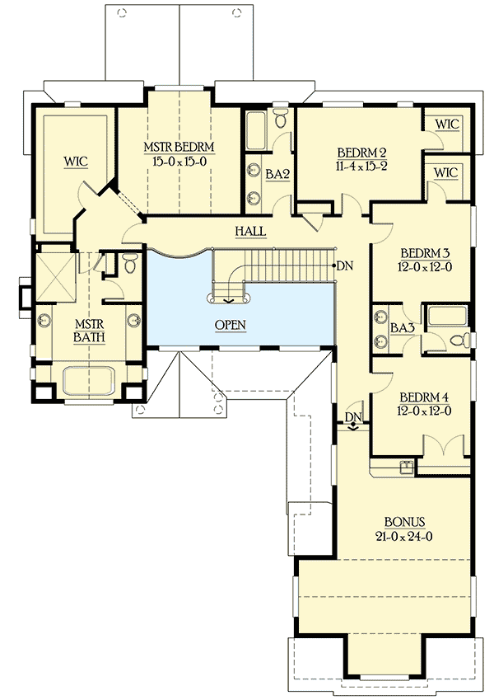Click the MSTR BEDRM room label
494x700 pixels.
(x=179, y=148)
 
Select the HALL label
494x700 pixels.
(x=250, y=232)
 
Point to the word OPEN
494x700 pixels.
(x=231, y=325)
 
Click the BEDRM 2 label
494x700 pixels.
(x=362, y=153)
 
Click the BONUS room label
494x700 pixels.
(x=404, y=522)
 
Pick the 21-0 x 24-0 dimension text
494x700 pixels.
(x=404, y=536)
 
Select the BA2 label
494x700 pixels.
(x=276, y=173)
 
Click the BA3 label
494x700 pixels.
(x=402, y=328)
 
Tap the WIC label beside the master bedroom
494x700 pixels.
(x=77, y=161)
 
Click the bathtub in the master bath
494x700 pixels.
(x=86, y=383)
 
